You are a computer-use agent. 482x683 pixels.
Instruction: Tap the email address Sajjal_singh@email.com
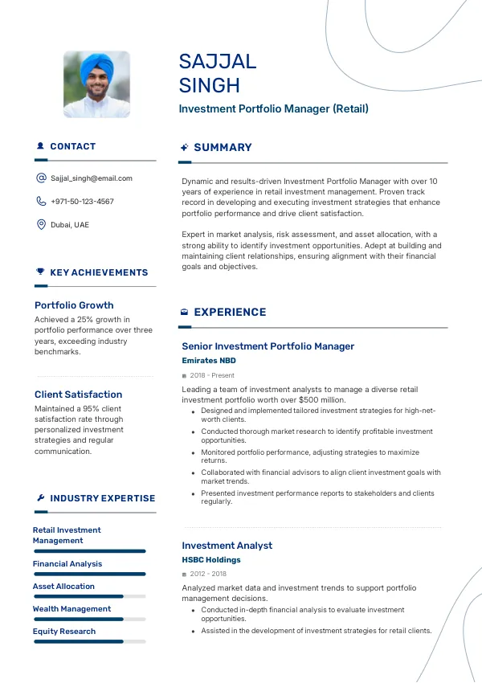pyautogui.click(x=91, y=178)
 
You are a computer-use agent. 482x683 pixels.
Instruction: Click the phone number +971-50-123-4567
pyautogui.click(x=82, y=202)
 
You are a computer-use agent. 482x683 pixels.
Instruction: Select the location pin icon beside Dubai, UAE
pyautogui.click(x=41, y=224)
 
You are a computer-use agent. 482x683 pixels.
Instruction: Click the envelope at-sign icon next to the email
pyautogui.click(x=41, y=178)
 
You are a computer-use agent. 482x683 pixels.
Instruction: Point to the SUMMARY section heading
pyautogui.click(x=223, y=148)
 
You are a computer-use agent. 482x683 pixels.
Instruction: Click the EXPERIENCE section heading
pyautogui.click(x=230, y=313)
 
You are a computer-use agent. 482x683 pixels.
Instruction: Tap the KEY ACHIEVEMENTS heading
pyautogui.click(x=99, y=273)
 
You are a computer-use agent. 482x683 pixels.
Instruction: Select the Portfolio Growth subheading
pyautogui.click(x=74, y=305)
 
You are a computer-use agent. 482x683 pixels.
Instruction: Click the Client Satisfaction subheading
pyautogui.click(x=78, y=395)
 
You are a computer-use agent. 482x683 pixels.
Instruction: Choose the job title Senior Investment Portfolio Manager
pyautogui.click(x=268, y=346)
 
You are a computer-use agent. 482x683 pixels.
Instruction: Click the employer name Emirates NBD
pyautogui.click(x=209, y=361)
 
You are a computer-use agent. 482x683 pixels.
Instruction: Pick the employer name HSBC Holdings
pyautogui.click(x=210, y=560)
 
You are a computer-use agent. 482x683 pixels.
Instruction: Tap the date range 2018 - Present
pyautogui.click(x=212, y=375)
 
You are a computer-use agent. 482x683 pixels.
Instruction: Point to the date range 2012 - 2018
pyautogui.click(x=208, y=574)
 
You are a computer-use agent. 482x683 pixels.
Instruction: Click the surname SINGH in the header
pyautogui.click(x=209, y=85)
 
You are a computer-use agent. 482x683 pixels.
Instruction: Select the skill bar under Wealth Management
pyautogui.click(x=89, y=619)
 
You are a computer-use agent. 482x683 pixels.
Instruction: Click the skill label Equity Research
pyautogui.click(x=64, y=632)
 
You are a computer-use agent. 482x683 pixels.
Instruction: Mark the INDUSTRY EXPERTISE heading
pyautogui.click(x=102, y=498)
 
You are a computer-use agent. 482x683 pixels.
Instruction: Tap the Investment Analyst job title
pyautogui.click(x=227, y=546)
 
